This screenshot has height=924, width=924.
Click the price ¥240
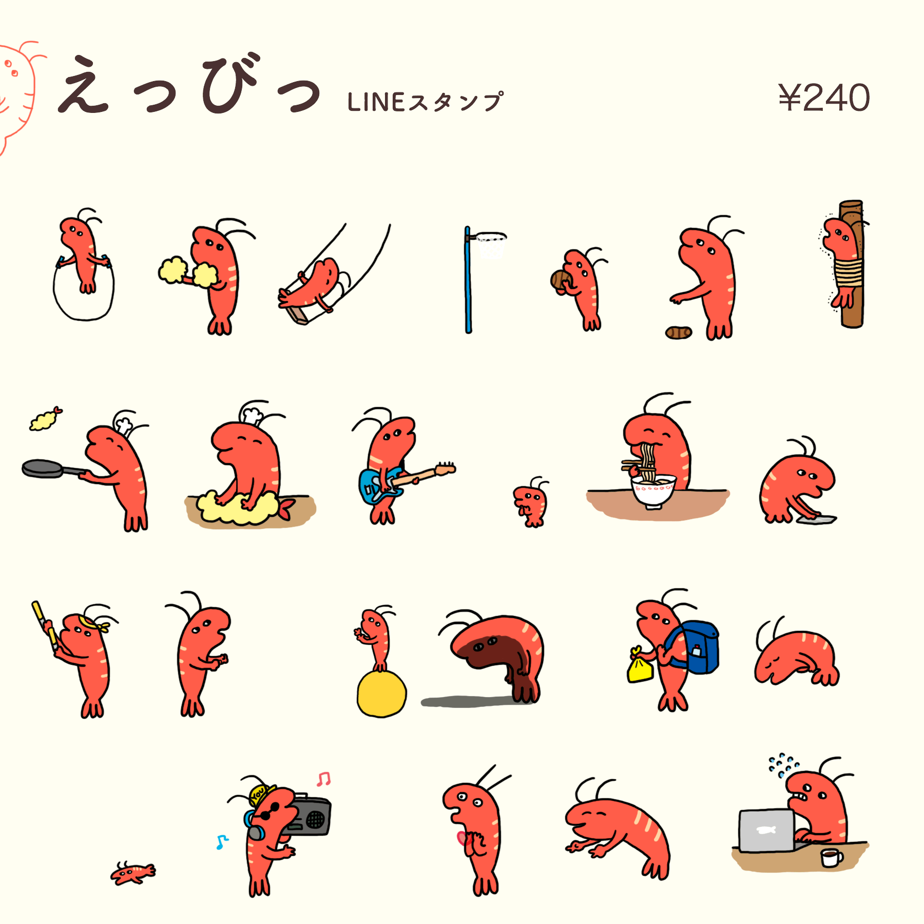tap(823, 98)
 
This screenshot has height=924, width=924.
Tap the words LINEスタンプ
tap(425, 102)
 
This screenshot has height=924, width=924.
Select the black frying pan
tap(43, 468)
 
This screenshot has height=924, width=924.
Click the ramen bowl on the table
tap(653, 491)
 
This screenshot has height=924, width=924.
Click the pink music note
tap(323, 779)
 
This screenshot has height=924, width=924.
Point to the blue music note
tap(221, 842)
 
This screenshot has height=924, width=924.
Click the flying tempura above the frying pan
tap(45, 419)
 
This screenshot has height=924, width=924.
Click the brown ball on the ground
tap(678, 333)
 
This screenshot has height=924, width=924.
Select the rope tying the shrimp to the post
tap(848, 272)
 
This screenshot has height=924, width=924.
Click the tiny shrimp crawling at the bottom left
tap(132, 873)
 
